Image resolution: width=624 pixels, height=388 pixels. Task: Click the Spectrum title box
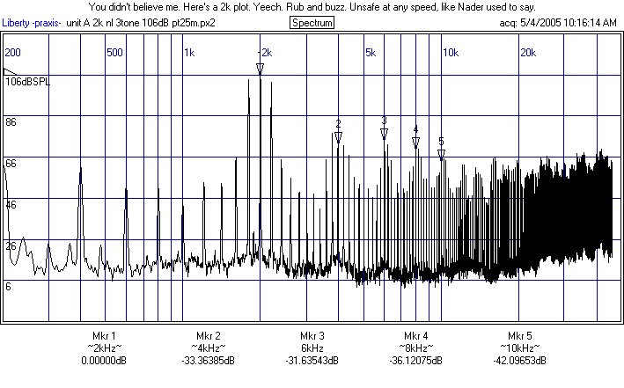pyautogui.click(x=312, y=22)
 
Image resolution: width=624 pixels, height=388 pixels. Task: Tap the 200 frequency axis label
pyautogui.click(x=13, y=53)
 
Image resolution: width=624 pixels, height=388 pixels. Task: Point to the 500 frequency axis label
pyautogui.click(x=114, y=53)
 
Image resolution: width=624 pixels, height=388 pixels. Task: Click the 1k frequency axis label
pyautogui.click(x=189, y=53)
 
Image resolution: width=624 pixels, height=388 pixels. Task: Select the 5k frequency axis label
pyautogui.click(x=371, y=53)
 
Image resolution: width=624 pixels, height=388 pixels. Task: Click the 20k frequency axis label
pyautogui.click(x=529, y=53)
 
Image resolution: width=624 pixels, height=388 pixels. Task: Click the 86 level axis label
pyautogui.click(x=11, y=122)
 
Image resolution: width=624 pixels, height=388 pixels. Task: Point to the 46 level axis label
pyautogui.click(x=11, y=204)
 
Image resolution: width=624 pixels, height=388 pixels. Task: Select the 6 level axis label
pyautogui.click(x=9, y=286)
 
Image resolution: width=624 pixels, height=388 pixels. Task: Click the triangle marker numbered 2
pyautogui.click(x=338, y=136)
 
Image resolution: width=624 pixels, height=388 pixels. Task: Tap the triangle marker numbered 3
pyautogui.click(x=384, y=134)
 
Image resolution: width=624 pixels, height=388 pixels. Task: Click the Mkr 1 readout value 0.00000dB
pyautogui.click(x=104, y=360)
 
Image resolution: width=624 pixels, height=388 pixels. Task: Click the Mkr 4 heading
pyautogui.click(x=415, y=336)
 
